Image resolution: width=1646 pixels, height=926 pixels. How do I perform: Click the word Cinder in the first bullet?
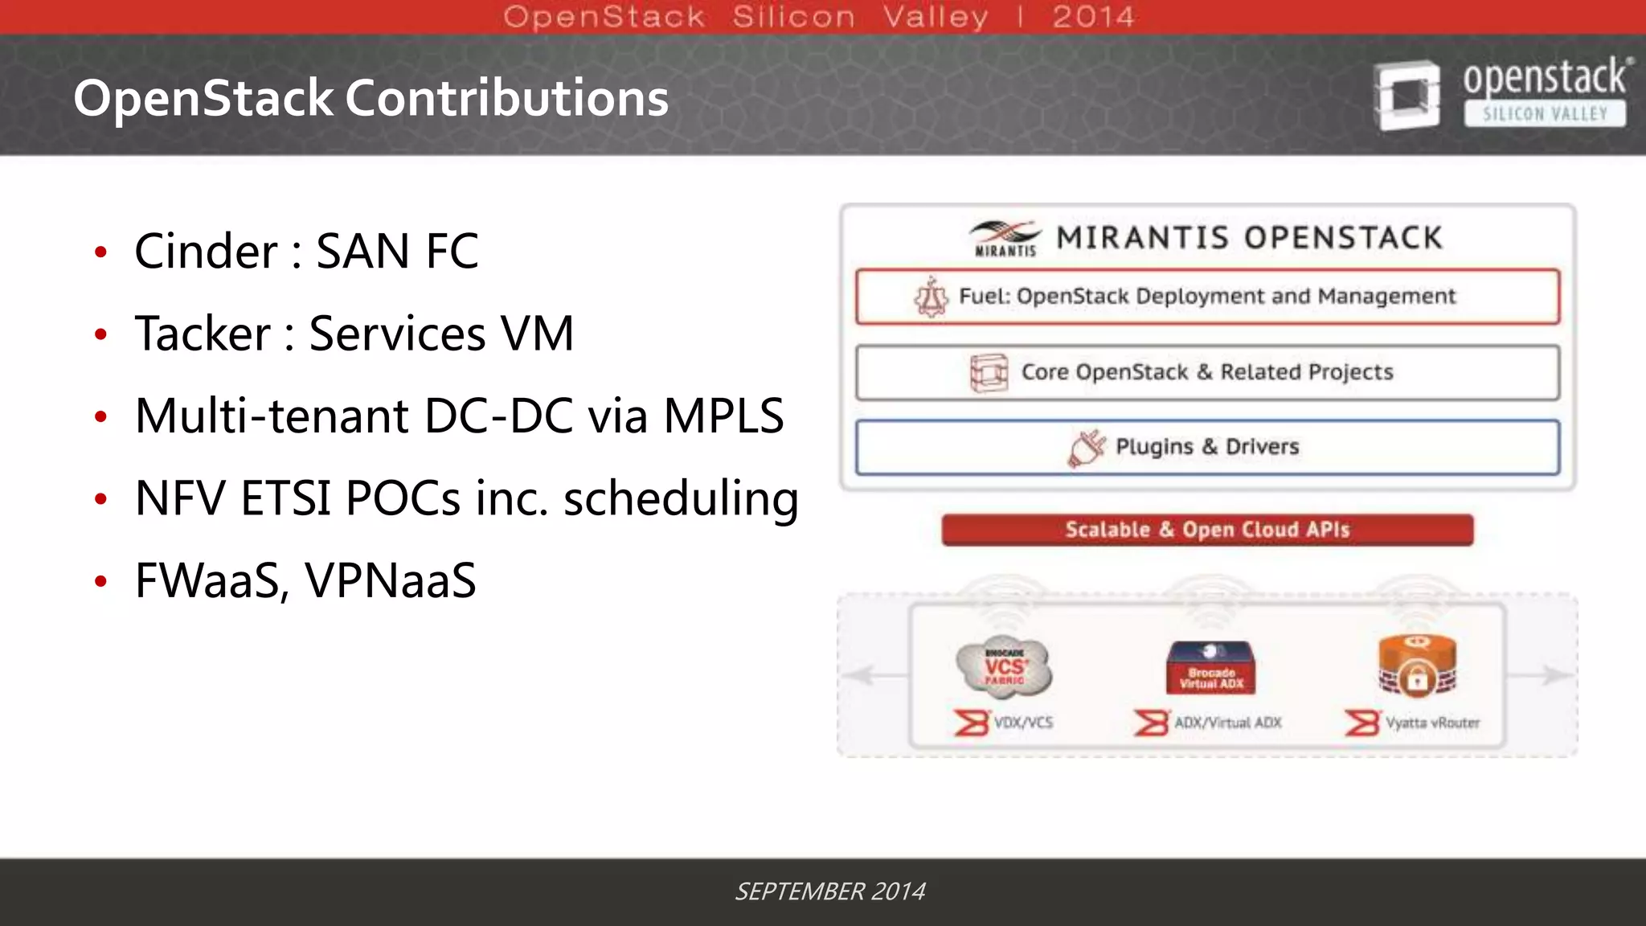206,252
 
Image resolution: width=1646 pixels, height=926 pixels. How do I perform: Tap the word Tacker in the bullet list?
203,334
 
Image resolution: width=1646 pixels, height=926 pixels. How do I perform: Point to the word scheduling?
681,499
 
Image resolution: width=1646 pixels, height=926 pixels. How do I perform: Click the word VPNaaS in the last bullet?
391,581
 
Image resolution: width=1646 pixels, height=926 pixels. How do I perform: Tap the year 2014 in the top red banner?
1093,17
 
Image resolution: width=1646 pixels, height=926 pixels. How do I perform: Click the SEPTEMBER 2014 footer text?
829,891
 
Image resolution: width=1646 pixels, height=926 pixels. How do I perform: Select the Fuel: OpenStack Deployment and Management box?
1207,297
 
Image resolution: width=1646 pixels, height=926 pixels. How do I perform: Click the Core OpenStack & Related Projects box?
1207,372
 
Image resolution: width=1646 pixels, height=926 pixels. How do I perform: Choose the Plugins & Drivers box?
1207,447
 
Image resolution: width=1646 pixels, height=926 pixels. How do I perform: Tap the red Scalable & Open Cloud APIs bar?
1207,530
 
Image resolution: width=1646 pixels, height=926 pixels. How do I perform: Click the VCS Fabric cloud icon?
1005,667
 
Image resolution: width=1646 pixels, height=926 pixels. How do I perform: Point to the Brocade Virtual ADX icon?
1210,668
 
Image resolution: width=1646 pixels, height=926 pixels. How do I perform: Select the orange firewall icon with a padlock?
1417,666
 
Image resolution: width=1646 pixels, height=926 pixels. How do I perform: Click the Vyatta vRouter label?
1432,723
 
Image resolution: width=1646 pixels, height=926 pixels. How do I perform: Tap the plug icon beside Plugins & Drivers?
1086,448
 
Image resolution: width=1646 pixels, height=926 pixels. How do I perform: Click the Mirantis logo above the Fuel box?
1005,238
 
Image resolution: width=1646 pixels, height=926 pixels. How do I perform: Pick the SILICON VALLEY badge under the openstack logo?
1544,114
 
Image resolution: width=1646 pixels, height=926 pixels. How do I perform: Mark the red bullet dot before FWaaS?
100,581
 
